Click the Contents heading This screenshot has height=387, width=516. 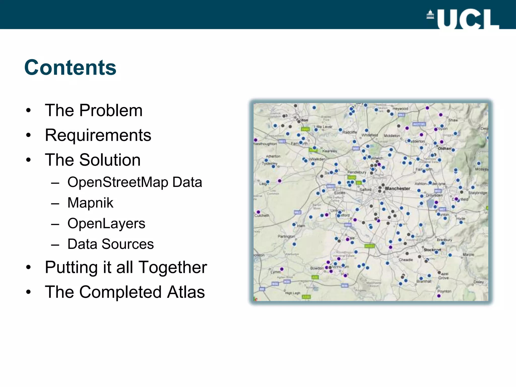pos(70,68)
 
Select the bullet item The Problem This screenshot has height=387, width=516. pos(93,110)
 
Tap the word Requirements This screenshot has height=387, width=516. pos(98,135)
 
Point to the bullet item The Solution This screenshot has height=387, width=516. pos(92,160)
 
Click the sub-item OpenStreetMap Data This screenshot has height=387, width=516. pos(135,182)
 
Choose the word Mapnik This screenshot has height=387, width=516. pos(90,203)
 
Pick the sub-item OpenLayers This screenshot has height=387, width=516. pos(106,223)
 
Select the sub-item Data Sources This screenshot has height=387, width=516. pos(110,244)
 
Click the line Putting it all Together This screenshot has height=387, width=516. pos(126,267)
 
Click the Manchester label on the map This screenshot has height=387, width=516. pos(397,188)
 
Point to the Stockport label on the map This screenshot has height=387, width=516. pos(432,250)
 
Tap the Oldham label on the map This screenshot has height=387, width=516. pos(445,149)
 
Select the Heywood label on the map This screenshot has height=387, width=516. pos(400,109)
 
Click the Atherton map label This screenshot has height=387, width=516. pos(273,156)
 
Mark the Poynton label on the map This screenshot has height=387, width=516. pos(444,291)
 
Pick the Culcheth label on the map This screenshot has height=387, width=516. pos(262,215)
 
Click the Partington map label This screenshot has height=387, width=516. pos(286,236)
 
